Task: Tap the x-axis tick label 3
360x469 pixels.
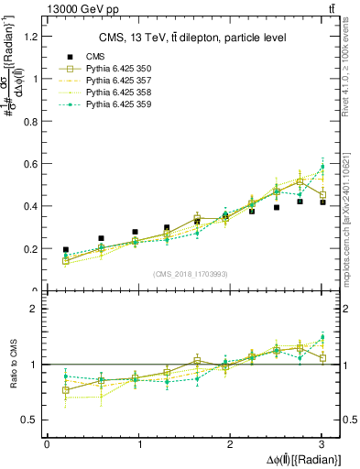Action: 322,444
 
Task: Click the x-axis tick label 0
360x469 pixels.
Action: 47,444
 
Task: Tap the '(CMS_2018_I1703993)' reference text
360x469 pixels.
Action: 190,275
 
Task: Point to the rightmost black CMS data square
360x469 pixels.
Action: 322,202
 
